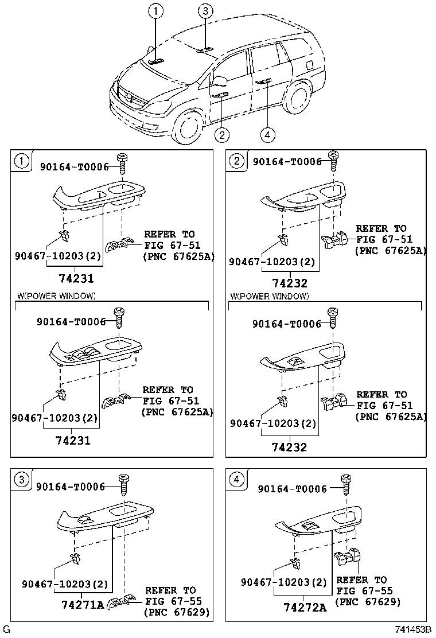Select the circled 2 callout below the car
pyautogui.click(x=222, y=135)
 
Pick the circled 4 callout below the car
pyautogui.click(x=267, y=135)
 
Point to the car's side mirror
pyautogui.click(x=220, y=77)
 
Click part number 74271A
pyautogui.click(x=82, y=605)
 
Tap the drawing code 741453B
pyautogui.click(x=412, y=630)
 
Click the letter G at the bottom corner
pyautogui.click(x=6, y=630)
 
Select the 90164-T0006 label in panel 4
pyautogui.click(x=292, y=489)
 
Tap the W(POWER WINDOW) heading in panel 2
pyautogui.click(x=269, y=296)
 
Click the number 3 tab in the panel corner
pyautogui.click(x=21, y=480)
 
